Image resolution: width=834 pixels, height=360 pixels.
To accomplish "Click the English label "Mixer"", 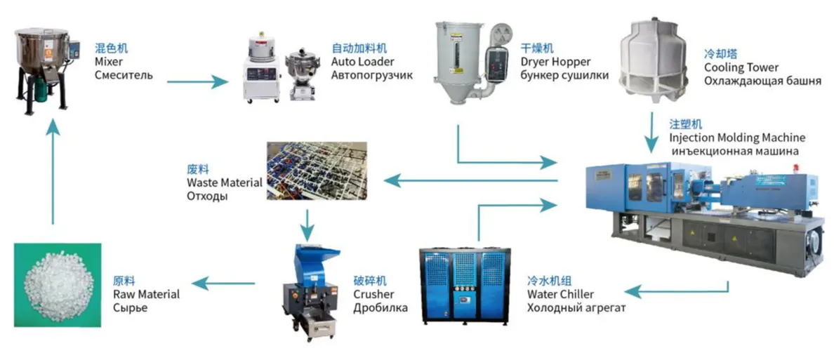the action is click(105, 62).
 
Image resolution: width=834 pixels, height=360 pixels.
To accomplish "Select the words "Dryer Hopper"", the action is click(556, 62).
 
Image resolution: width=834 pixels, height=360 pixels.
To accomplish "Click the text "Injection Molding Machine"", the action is click(737, 138).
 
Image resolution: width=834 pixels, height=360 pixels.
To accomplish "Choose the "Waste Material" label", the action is click(225, 182).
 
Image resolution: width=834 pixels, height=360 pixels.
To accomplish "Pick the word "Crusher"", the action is click(374, 294).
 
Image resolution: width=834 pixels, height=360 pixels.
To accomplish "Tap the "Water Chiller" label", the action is click(561, 294).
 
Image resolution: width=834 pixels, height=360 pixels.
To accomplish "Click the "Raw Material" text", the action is click(146, 294).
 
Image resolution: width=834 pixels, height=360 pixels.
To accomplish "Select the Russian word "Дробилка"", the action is click(380, 307).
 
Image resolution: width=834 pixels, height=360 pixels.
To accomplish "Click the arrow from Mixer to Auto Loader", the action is click(197, 81).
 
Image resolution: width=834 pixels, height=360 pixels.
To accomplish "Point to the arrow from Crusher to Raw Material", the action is click(223, 284).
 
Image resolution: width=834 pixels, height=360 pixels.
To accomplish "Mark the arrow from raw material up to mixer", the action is click(52, 171).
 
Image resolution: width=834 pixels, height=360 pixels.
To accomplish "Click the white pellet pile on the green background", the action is click(56, 284).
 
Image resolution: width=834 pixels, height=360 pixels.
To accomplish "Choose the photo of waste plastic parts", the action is click(317, 170).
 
